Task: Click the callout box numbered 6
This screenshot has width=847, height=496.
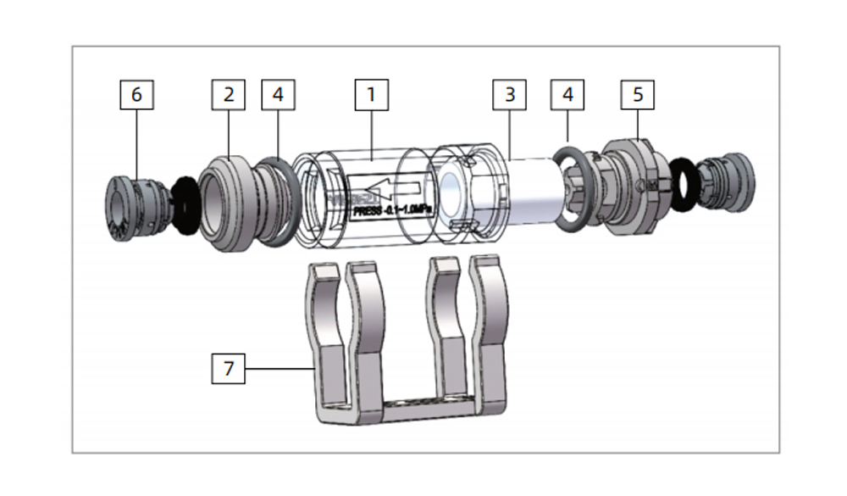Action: coord(136,94)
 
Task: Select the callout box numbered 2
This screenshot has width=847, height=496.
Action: coord(228,94)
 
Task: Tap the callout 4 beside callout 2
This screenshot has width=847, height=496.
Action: coord(278,94)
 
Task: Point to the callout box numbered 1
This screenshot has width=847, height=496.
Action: coord(370,94)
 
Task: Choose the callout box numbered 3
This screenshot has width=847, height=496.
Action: coord(510,94)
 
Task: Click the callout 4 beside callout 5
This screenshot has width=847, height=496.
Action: coord(567,94)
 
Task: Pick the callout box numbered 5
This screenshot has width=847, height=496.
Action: coord(638,94)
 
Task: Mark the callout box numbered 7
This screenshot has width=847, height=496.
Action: coord(228,369)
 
